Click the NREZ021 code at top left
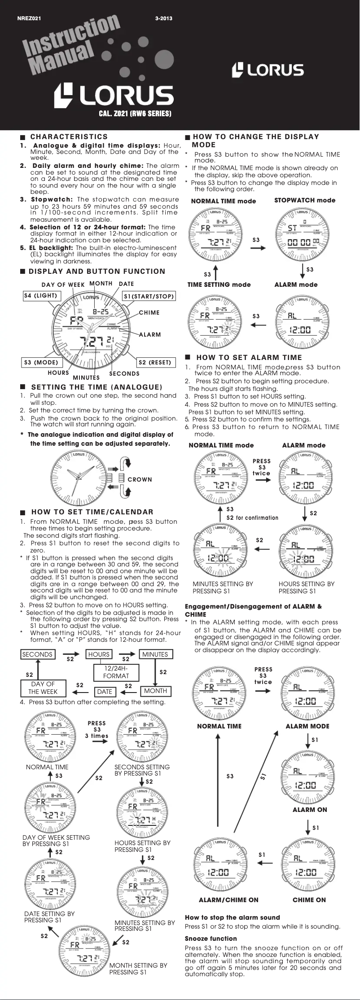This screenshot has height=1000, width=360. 29,18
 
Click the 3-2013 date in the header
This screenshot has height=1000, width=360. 163,18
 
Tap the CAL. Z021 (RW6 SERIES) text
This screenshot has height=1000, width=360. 135,114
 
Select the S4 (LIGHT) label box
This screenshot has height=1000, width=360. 40,296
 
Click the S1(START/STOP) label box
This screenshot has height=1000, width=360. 149,296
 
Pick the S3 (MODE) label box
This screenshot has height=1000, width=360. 41,362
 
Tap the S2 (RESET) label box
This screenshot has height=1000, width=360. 155,362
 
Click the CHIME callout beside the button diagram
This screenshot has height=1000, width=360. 149,312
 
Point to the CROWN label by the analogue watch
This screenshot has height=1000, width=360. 140,479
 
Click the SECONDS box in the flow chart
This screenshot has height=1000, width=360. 37,654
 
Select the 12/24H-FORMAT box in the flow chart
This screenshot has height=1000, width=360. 116,672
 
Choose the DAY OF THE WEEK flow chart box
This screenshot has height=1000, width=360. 43,688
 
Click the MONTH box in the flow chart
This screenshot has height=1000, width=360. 155,691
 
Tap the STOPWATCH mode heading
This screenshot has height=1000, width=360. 305,200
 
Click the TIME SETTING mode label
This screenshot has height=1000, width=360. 219,285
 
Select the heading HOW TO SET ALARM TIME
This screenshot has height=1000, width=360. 249,357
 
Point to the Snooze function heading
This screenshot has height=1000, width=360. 211,938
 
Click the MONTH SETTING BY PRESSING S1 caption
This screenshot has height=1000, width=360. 138,969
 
